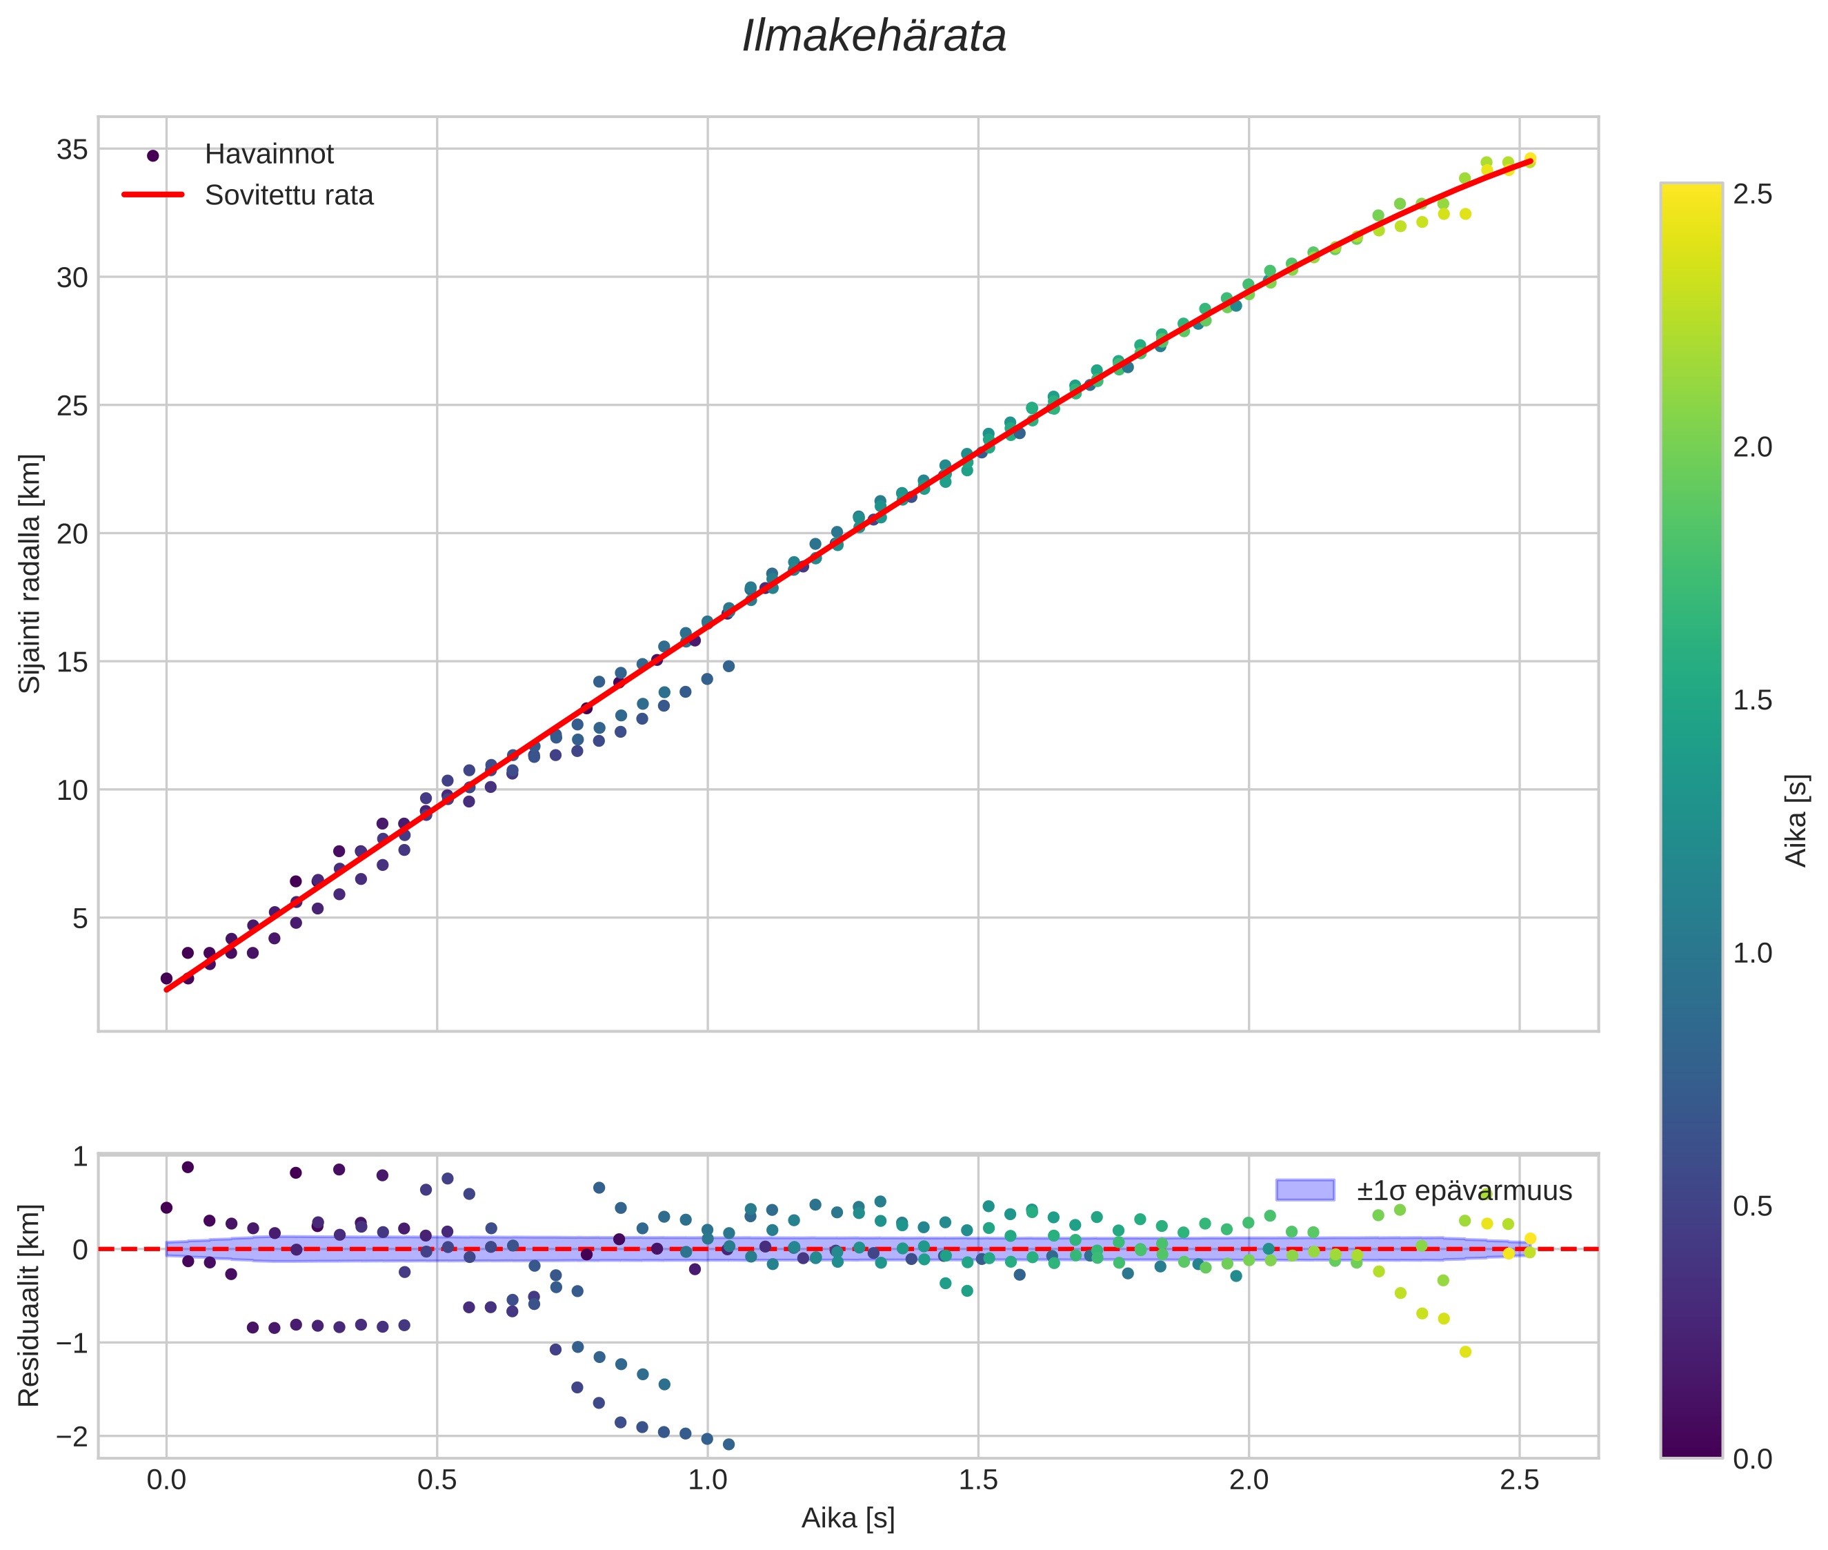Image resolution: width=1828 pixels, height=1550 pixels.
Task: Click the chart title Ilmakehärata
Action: coord(873,37)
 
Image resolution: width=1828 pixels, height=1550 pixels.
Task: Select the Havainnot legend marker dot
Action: coord(153,155)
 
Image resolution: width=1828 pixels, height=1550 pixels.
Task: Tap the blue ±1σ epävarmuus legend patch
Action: coord(1304,1190)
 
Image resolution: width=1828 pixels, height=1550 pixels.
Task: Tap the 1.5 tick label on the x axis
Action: coord(977,1480)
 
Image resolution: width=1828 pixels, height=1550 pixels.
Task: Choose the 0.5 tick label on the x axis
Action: coord(437,1480)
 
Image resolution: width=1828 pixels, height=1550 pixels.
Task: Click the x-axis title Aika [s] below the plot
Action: coord(848,1518)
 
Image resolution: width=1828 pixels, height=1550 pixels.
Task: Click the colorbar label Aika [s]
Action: coord(1796,821)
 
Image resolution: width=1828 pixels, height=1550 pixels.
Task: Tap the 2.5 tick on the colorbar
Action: coord(1752,194)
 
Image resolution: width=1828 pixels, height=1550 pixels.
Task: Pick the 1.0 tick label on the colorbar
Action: coord(1752,953)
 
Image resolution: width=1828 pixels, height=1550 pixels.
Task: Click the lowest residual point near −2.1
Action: coord(728,1444)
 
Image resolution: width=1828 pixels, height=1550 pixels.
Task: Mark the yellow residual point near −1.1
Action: coord(1465,1351)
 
